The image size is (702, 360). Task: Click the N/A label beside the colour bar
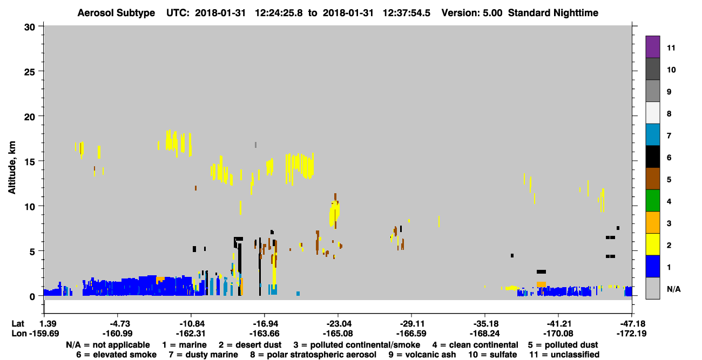point(673,289)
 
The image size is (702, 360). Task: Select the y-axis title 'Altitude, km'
point(12,167)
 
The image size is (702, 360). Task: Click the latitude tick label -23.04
point(338,324)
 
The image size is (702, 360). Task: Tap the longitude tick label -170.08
point(558,334)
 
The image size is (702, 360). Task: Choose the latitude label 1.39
point(48,324)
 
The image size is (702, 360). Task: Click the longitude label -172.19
point(631,334)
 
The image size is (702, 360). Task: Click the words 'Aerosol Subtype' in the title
point(116,13)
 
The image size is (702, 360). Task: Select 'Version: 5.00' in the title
point(472,13)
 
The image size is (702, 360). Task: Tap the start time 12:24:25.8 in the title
point(279,13)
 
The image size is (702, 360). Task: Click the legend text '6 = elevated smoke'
point(116,355)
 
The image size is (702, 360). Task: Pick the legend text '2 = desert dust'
point(250,345)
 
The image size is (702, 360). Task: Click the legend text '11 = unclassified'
point(564,355)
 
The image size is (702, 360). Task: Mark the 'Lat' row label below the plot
point(17,324)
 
